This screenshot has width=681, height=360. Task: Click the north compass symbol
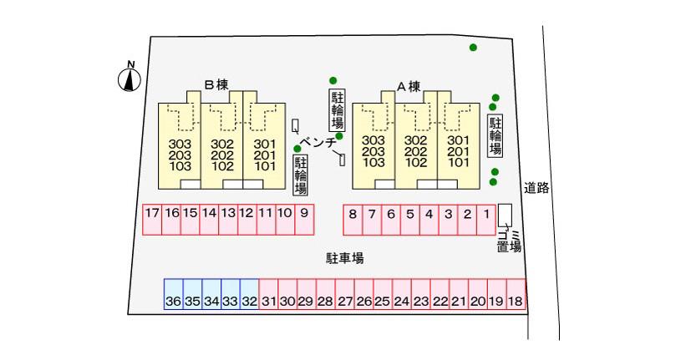[130, 78]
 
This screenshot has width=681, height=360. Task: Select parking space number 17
[152, 220]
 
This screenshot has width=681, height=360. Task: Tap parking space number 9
[304, 220]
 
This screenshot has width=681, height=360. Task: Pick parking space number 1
[486, 220]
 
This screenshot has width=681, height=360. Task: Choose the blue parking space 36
[173, 294]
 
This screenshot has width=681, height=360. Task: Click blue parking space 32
[249, 294]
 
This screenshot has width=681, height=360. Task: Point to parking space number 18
[516, 294]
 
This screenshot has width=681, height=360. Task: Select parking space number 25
[383, 294]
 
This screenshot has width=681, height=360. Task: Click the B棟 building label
[216, 84]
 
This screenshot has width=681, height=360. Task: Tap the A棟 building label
[409, 87]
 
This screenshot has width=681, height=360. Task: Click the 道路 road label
[536, 188]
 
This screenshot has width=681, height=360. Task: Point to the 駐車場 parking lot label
[345, 258]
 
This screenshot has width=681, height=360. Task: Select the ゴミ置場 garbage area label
[509, 241]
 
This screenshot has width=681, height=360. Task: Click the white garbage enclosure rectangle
[505, 215]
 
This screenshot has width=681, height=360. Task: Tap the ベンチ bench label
[319, 142]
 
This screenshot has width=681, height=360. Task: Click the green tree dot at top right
[473, 48]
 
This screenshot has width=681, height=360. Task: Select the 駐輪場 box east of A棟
[496, 136]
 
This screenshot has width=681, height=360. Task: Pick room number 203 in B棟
[180, 155]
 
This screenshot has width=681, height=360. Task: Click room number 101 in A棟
[459, 162]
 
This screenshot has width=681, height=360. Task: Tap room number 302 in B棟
[222, 144]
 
